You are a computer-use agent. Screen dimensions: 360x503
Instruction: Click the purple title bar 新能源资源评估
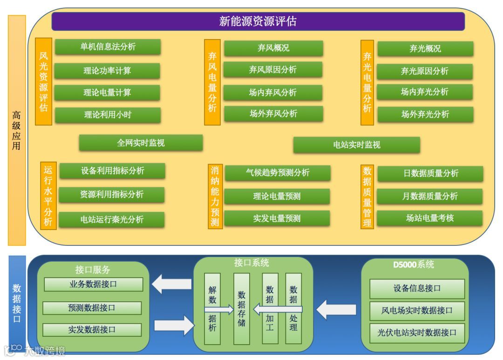(x=258, y=21)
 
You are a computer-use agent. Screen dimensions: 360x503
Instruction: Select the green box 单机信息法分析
(x=108, y=47)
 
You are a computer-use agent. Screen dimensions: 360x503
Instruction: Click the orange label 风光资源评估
(x=43, y=82)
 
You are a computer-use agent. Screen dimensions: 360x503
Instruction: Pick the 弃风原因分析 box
(x=272, y=70)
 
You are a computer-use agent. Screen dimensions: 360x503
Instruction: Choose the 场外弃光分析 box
(x=425, y=114)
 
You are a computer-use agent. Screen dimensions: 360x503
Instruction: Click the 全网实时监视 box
(x=141, y=143)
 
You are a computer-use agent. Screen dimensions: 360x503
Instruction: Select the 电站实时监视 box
(x=356, y=145)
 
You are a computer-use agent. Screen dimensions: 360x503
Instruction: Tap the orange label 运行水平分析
(x=48, y=196)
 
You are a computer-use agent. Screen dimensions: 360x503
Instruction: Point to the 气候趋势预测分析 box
(x=277, y=173)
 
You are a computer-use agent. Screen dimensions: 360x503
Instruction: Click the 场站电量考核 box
(x=429, y=218)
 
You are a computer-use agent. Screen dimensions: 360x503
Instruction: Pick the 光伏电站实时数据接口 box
(x=417, y=333)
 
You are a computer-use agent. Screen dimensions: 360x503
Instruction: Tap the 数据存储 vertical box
(x=241, y=308)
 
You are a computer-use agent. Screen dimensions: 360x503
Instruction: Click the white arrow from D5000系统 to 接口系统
(x=336, y=309)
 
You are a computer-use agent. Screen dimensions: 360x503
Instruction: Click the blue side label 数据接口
(x=17, y=303)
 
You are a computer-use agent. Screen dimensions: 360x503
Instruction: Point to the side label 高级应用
(x=16, y=130)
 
